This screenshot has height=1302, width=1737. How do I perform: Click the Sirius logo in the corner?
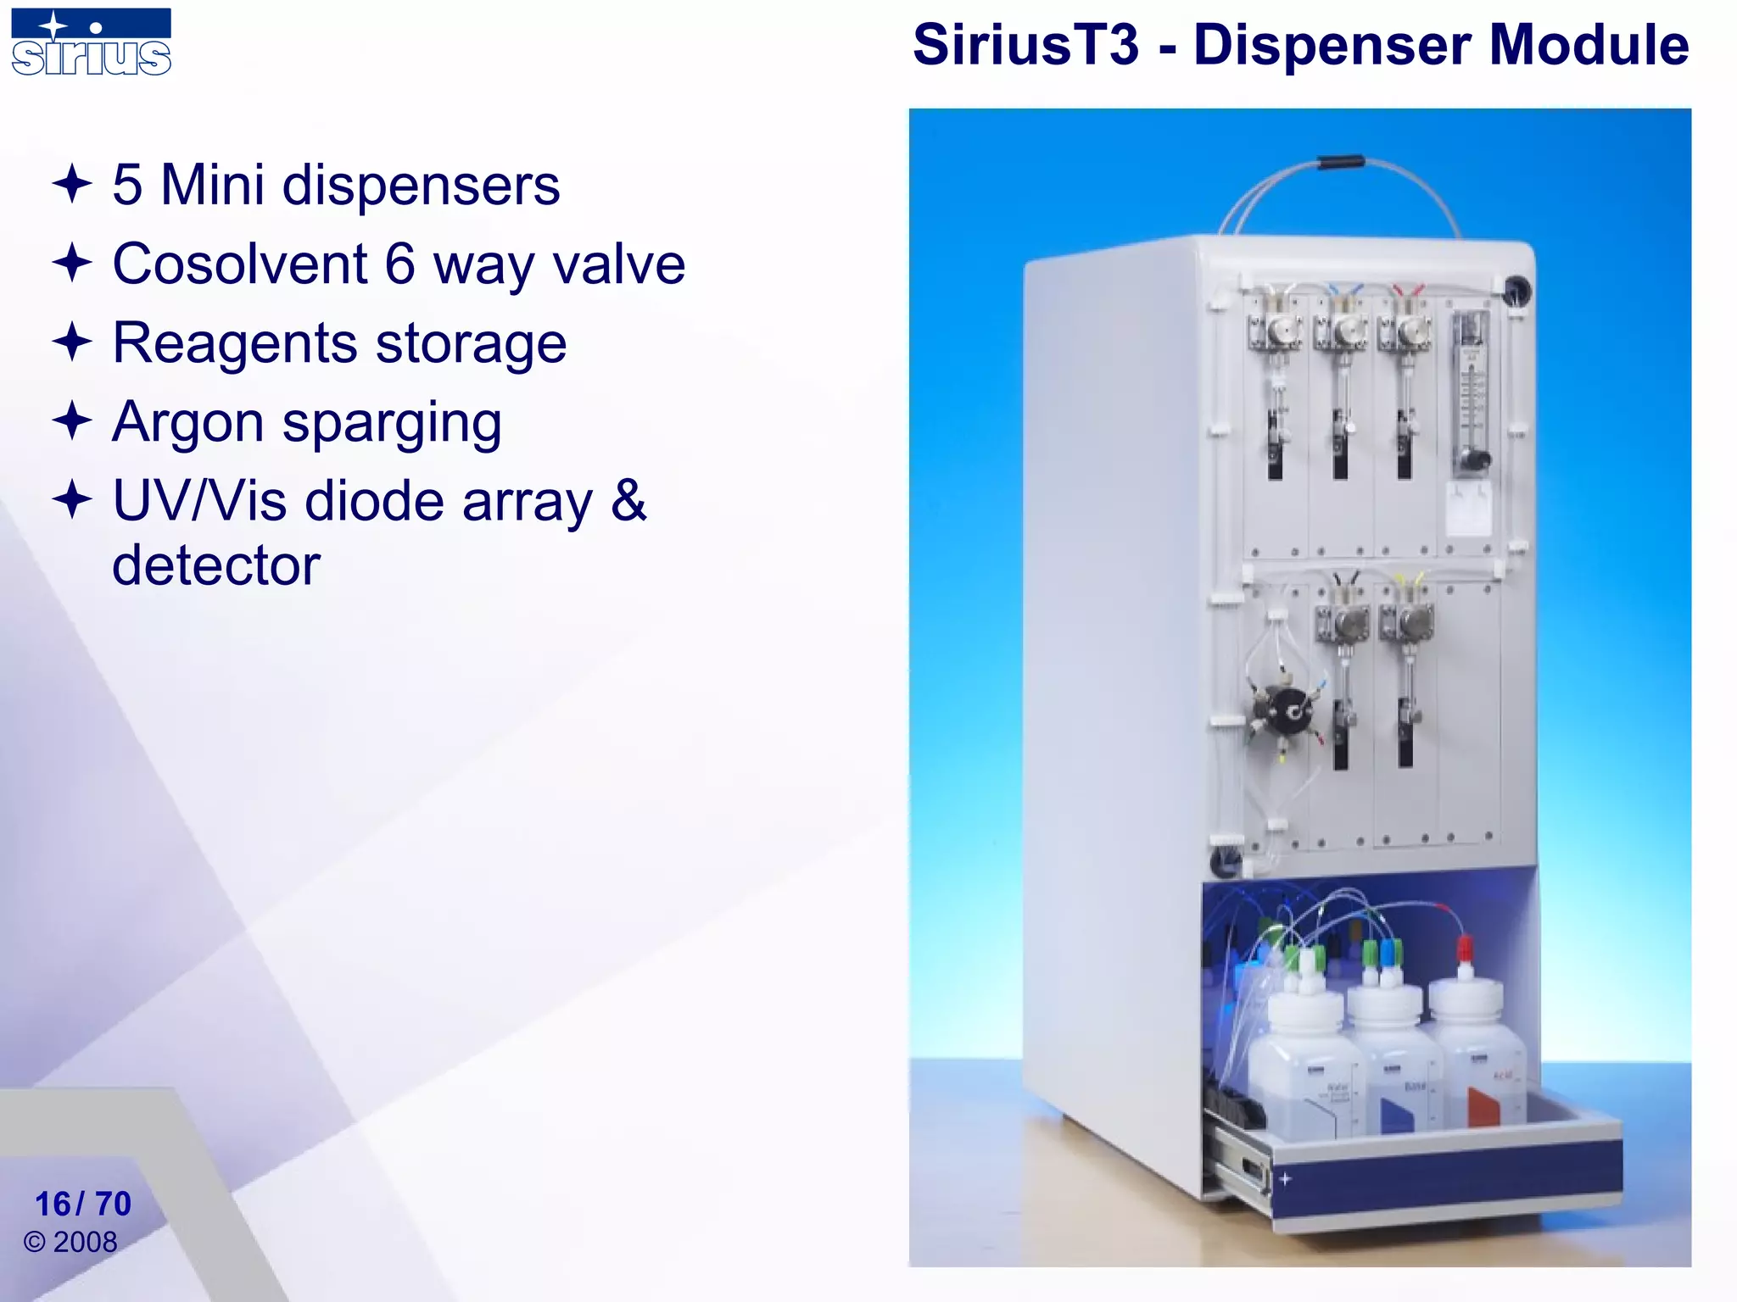pos(91,42)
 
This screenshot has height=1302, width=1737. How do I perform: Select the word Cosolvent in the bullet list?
pos(240,264)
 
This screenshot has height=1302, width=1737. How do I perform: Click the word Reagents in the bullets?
pos(235,343)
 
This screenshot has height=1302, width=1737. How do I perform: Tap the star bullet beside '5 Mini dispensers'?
pos(72,184)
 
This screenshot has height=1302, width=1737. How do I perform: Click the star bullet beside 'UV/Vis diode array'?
pos(72,499)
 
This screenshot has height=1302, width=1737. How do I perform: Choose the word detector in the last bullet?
pos(216,565)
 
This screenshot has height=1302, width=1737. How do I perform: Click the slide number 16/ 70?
pos(83,1204)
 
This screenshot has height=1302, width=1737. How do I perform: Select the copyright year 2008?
pos(85,1242)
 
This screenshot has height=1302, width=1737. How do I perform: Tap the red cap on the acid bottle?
pos(1464,949)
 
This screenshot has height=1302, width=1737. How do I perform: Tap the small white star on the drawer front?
pos(1286,1178)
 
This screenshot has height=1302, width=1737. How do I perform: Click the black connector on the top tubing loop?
pos(1341,161)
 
